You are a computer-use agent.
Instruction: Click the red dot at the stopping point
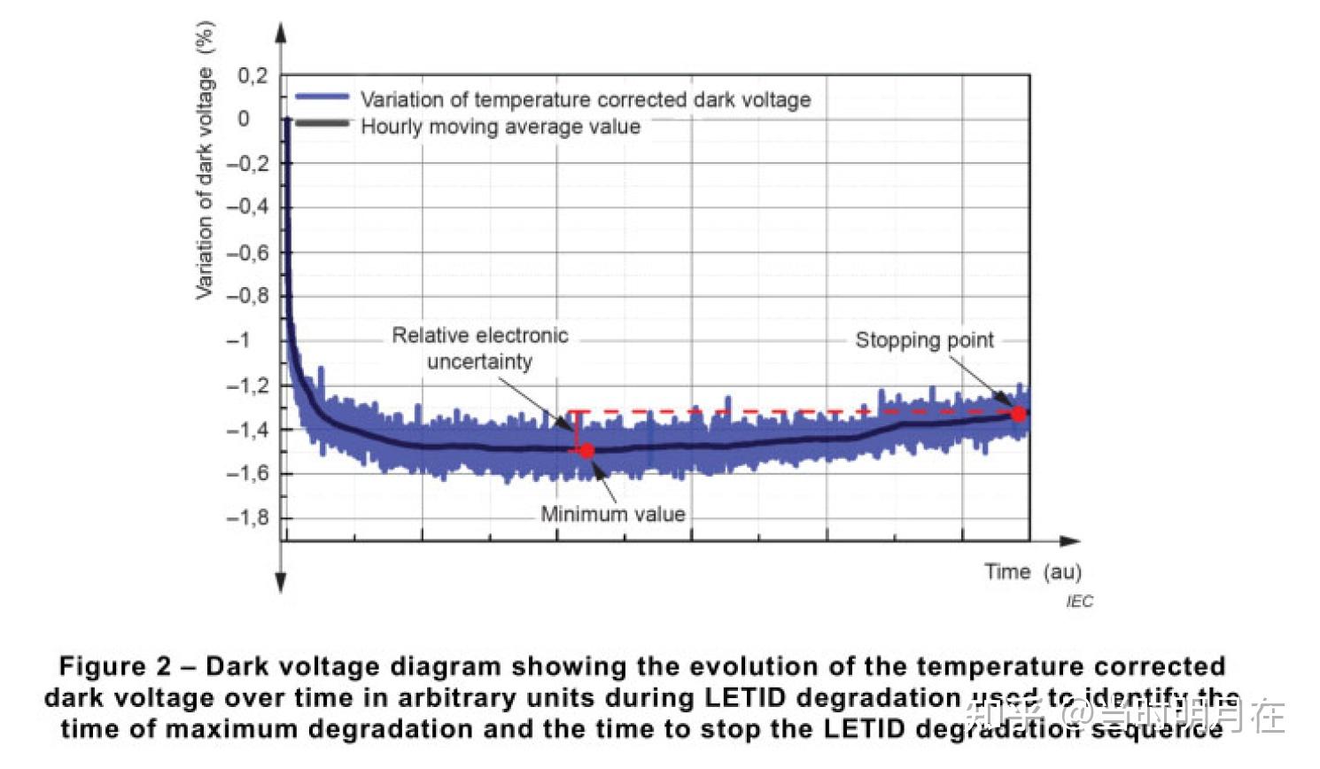click(1019, 414)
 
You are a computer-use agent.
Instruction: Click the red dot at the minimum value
click(586, 451)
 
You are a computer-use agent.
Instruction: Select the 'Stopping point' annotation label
click(924, 340)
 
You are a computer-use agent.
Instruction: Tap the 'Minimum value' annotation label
click(613, 514)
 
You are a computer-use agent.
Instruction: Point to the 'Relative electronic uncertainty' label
click(480, 348)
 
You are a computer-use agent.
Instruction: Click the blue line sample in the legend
click(322, 97)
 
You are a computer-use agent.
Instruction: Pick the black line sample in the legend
click(322, 123)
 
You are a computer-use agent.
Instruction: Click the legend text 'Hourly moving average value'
click(500, 127)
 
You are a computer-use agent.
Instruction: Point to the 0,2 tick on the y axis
click(252, 76)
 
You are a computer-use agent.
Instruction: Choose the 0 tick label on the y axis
click(244, 119)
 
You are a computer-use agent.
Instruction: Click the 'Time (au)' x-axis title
click(1033, 571)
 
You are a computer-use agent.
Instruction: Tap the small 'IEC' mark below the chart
click(1079, 602)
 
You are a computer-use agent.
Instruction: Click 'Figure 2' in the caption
click(114, 666)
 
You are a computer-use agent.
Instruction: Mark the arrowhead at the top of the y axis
click(281, 33)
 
